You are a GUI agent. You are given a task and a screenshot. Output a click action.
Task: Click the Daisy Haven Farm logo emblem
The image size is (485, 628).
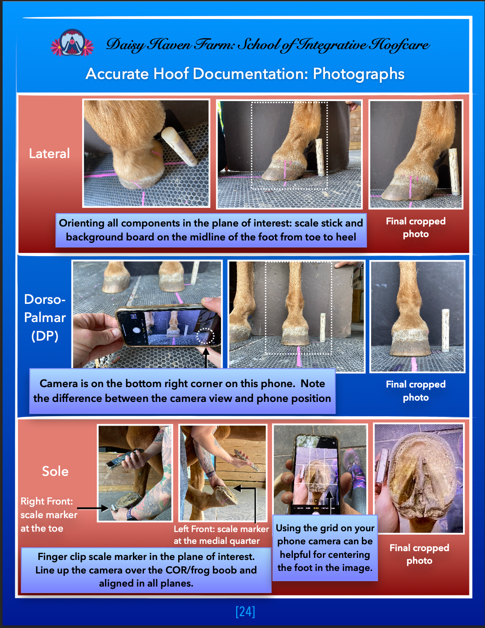point(72,42)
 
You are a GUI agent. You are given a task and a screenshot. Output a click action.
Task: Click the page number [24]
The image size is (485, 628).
point(245,612)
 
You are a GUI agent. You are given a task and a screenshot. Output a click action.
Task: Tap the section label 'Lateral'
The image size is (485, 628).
point(49,153)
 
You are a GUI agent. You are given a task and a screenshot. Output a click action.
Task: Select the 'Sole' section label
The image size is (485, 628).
point(55,471)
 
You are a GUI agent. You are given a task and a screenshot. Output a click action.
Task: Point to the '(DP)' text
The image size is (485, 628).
point(45,336)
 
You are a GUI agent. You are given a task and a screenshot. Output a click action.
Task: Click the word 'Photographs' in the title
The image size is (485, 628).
point(358,74)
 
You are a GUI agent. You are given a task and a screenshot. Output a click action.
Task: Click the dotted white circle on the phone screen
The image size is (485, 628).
point(205,336)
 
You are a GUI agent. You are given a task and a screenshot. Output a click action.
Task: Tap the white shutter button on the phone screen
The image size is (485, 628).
point(137,330)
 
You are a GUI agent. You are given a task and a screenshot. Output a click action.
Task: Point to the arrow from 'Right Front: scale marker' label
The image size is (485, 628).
point(93,508)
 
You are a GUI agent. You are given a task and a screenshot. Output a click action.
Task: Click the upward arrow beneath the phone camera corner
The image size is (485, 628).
point(205,357)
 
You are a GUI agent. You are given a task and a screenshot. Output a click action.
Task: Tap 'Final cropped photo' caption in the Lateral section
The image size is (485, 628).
point(416,227)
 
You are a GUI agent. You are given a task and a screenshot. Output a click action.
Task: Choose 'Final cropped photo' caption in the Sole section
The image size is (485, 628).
point(419,554)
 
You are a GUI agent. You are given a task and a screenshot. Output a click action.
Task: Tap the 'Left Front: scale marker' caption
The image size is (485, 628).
point(221,529)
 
